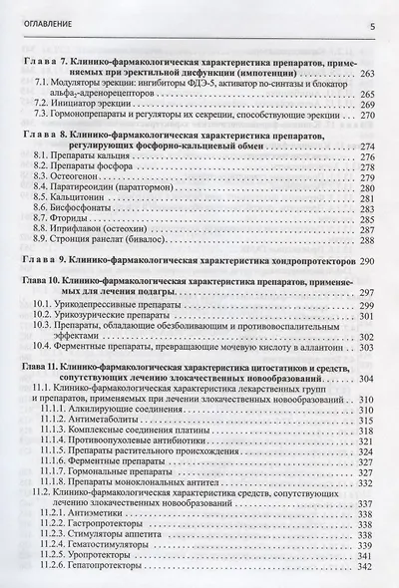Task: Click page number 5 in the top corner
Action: coord(371,27)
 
